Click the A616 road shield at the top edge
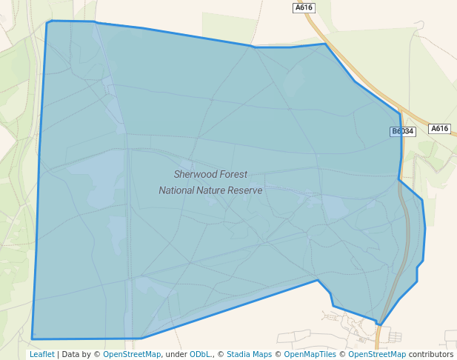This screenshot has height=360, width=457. pos(304,7)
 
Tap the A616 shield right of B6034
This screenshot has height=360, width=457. pos(439,128)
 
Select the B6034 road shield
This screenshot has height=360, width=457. pos(403,131)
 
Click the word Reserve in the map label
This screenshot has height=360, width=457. pos(247,190)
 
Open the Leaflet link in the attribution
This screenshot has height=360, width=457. pos(41,354)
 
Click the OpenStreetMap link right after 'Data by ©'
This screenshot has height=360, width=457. pos(132,354)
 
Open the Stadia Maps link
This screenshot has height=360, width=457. pos(249,354)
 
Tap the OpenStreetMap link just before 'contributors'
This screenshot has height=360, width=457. pos(377,354)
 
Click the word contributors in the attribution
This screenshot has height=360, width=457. pos(430,354)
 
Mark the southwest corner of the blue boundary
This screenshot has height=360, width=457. pos(33,339)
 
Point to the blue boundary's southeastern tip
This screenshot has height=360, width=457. pos(380,324)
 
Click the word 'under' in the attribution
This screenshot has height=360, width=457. pos(176,354)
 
